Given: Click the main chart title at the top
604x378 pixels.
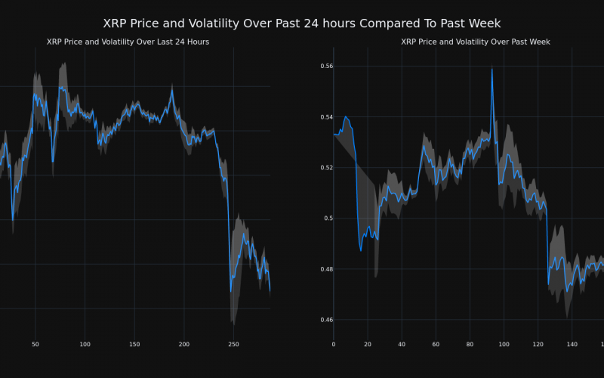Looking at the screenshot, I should (302, 23).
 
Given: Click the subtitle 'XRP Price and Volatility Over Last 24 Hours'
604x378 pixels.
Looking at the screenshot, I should (128, 42).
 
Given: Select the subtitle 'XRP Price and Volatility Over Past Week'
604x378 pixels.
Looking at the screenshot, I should (476, 42).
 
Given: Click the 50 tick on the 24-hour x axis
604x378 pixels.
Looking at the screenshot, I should (35, 345).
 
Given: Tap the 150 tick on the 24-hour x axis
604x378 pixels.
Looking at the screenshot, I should (134, 345).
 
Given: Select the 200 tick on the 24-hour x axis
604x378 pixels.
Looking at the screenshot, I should (184, 345).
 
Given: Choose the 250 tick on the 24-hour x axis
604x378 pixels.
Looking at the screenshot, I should (234, 345).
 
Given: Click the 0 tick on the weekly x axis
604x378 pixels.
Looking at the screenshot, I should (334, 345).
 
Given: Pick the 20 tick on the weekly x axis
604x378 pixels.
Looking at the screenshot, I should (368, 345).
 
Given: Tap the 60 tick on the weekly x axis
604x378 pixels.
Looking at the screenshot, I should (436, 345).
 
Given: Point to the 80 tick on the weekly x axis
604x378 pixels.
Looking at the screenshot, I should (470, 345).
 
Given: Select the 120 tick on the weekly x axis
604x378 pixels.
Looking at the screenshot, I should (538, 345).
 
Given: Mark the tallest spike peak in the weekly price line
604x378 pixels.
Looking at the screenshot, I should (492, 69).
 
